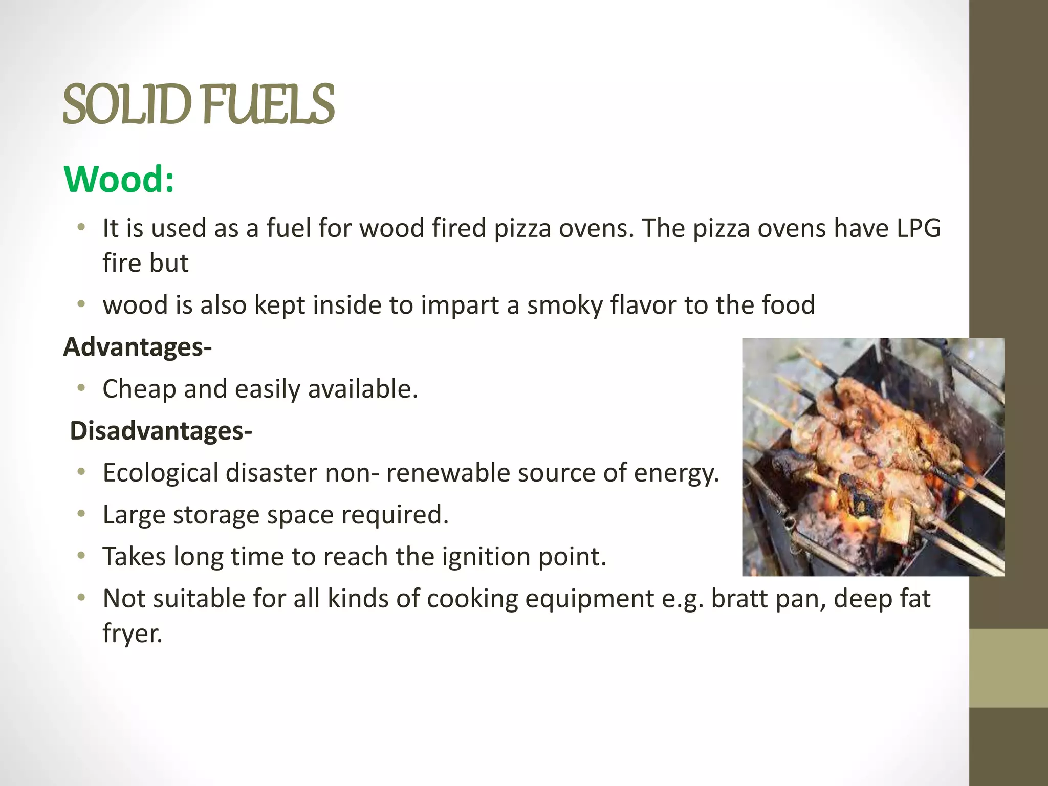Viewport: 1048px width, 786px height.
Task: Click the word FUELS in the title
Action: (x=269, y=105)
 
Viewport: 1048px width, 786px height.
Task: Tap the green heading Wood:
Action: (x=119, y=180)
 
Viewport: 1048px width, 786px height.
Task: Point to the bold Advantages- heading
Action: (x=137, y=347)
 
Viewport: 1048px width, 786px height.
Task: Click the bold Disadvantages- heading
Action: (x=161, y=431)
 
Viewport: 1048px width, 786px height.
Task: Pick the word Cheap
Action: (x=139, y=389)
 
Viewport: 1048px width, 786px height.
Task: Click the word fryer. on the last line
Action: (x=132, y=634)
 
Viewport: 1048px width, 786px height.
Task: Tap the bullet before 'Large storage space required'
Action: (x=81, y=514)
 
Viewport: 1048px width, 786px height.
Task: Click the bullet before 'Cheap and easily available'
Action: (x=81, y=388)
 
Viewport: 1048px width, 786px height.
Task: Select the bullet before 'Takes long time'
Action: (x=81, y=556)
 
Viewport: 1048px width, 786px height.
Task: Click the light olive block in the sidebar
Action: (x=1008, y=668)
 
